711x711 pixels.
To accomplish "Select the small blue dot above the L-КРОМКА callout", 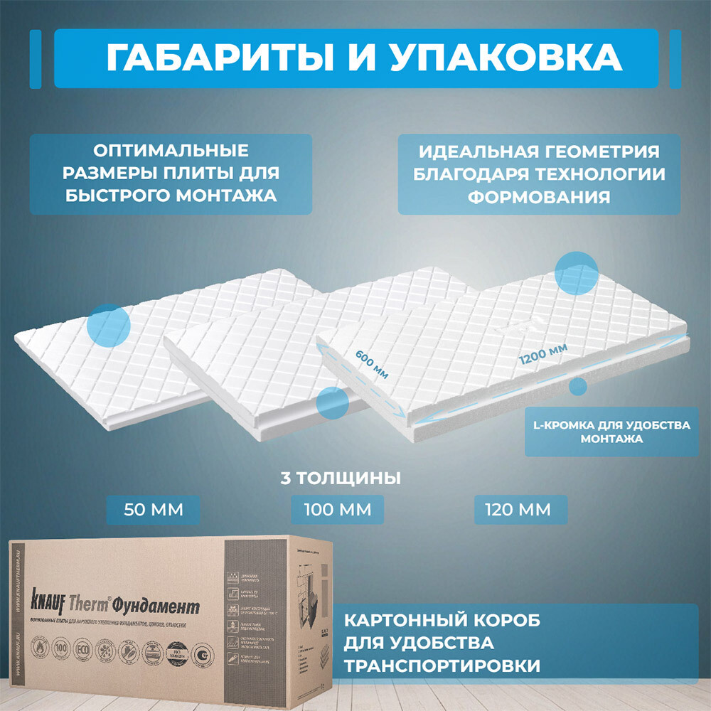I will click(x=578, y=387).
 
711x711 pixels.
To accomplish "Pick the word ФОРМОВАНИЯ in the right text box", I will click(x=538, y=197).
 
